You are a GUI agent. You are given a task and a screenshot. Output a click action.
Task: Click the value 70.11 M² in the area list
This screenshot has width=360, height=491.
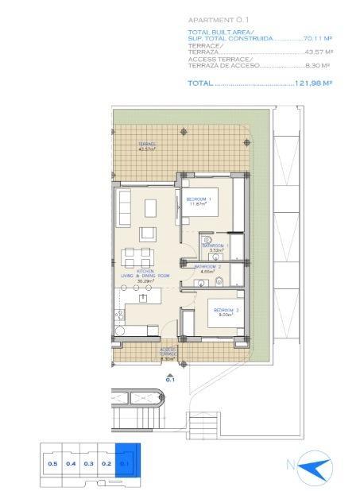click(318, 37)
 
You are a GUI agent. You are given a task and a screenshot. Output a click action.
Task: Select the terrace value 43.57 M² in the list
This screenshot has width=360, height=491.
click(319, 52)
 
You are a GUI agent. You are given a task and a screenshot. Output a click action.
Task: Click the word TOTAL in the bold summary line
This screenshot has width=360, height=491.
click(199, 82)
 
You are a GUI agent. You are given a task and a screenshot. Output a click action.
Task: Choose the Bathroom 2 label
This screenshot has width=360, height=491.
click(207, 269)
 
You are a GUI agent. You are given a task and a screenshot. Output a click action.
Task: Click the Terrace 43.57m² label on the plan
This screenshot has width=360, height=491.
click(146, 146)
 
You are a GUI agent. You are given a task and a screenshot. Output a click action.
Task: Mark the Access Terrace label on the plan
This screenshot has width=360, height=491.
click(168, 353)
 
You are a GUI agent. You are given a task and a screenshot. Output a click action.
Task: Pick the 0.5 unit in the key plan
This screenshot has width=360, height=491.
click(52, 462)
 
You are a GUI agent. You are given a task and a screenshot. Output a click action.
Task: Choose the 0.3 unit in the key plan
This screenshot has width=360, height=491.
click(88, 462)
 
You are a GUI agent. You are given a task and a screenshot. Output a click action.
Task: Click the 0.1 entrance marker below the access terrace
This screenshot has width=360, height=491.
click(169, 379)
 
